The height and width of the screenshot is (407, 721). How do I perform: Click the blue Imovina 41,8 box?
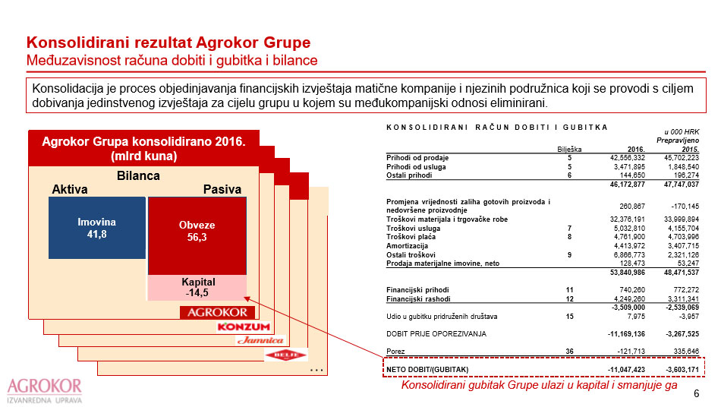click(x=96, y=228)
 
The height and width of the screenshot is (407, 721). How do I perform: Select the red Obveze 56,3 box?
click(x=197, y=231)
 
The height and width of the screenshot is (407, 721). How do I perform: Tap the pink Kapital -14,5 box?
click(x=197, y=287)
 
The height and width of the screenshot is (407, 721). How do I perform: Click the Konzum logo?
click(x=244, y=327)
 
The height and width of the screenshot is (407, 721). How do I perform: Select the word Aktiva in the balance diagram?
click(x=70, y=189)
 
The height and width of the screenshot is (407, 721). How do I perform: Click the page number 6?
click(x=697, y=394)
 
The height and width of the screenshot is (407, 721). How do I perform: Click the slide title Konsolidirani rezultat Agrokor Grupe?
click(x=168, y=43)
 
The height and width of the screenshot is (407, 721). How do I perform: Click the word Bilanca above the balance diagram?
click(x=139, y=175)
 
